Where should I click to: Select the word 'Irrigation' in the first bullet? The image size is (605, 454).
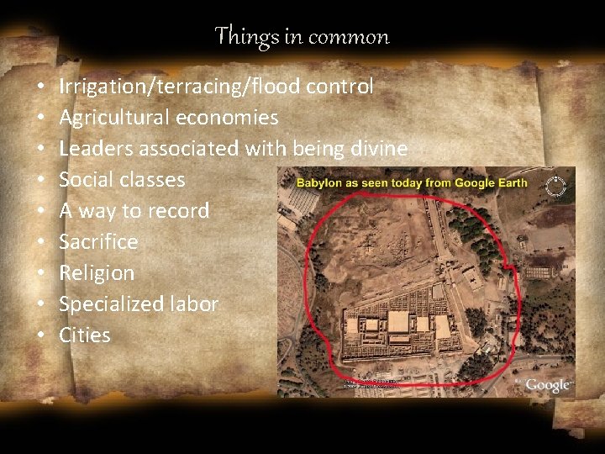pos(100,86)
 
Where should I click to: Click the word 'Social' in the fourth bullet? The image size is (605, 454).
pos(85,179)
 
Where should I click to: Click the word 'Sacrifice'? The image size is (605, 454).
pos(98,241)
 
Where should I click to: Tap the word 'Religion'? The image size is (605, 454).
pos(97,272)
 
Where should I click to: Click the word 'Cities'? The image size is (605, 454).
pos(85,335)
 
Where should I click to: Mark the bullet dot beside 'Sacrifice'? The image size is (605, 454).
pos(40,242)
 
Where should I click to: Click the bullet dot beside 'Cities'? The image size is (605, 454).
pos(40,335)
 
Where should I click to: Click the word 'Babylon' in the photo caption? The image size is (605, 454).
pos(319,182)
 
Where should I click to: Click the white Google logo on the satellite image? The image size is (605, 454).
pos(548,385)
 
